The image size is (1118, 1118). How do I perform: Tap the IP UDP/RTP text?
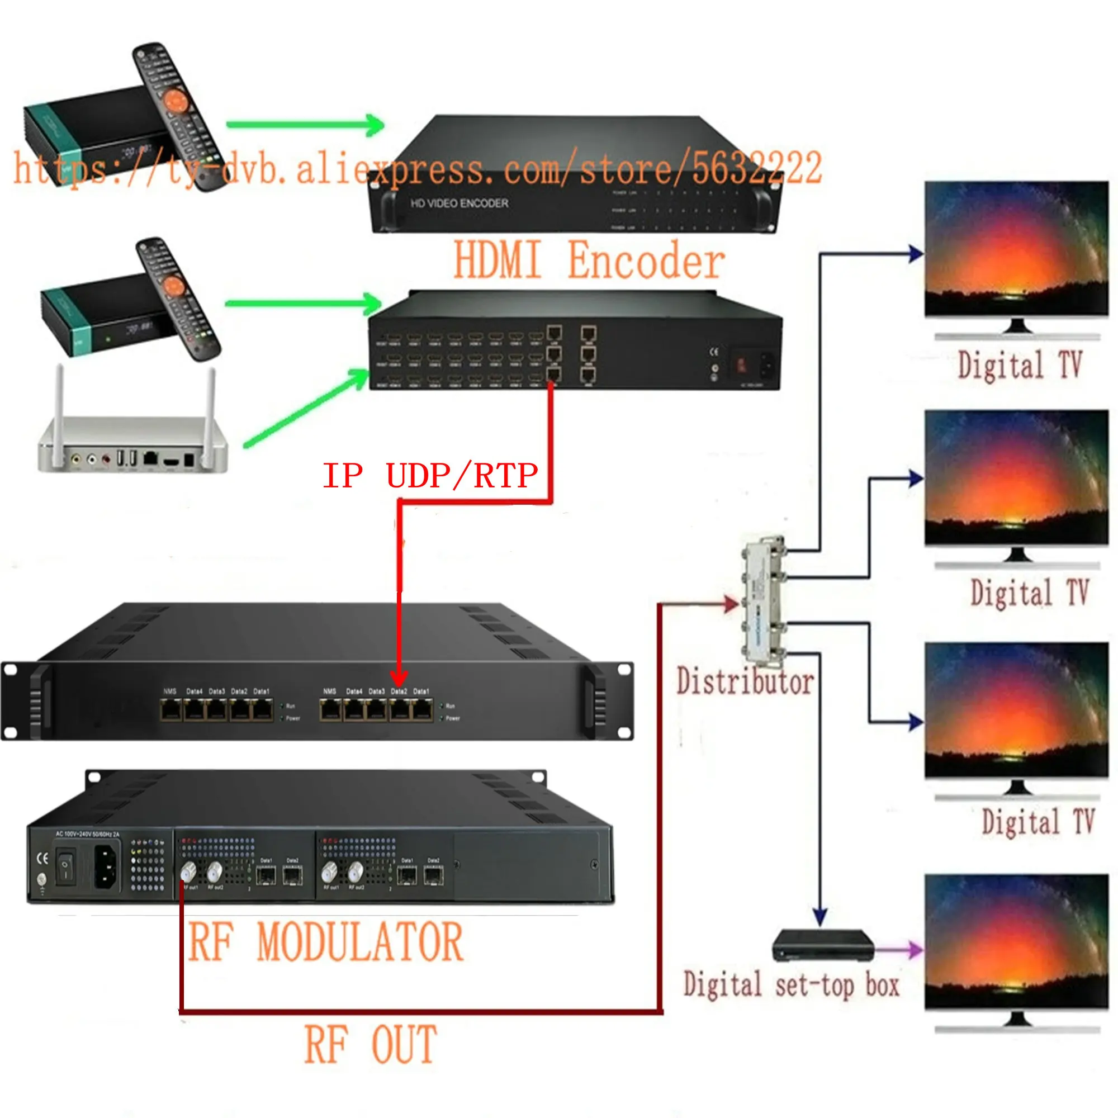pos(430,476)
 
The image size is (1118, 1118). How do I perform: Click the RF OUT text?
pos(371,1045)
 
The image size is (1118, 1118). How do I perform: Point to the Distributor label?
pos(745,681)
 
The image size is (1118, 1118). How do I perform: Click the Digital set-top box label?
pos(791,986)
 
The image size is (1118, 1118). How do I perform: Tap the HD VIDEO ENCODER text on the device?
pos(459,203)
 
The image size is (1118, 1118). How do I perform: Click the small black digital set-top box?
pos(823,945)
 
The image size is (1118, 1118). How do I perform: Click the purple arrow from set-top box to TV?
pos(900,950)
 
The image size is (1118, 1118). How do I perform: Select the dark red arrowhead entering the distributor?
pos(731,604)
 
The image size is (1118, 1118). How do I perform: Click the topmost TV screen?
pos(1016,249)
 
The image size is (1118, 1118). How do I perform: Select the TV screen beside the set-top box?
pos(1016,942)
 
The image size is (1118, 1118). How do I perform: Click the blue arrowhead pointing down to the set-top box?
pos(819,916)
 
